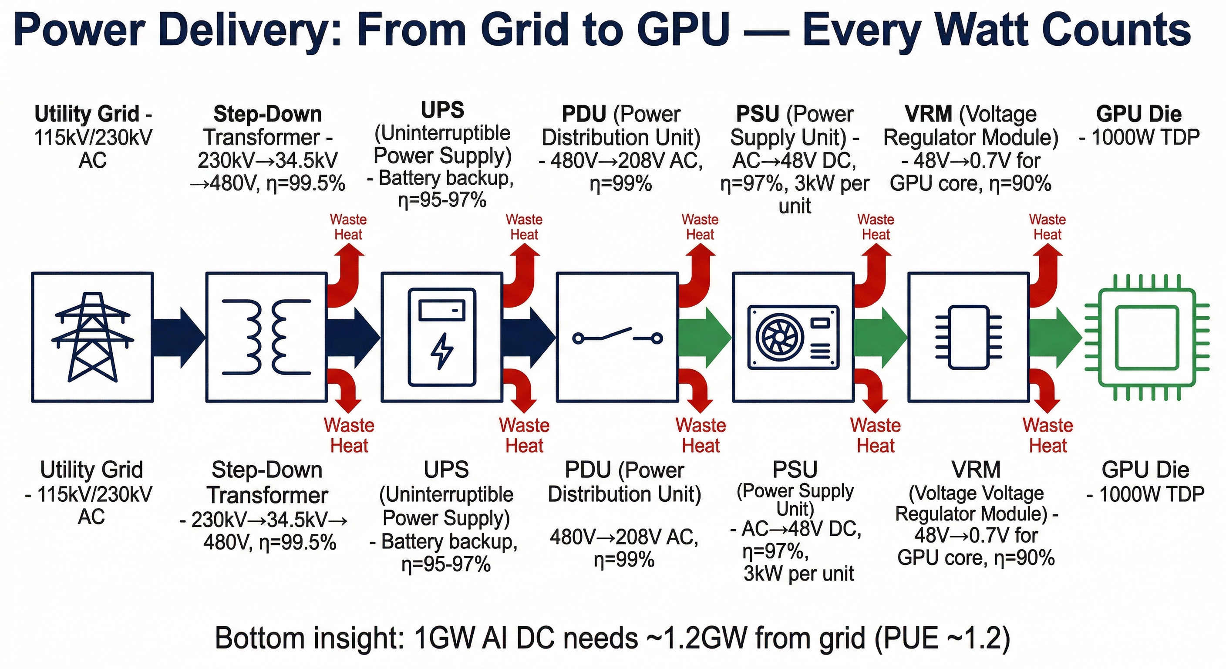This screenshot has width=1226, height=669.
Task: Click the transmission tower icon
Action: click(x=92, y=337)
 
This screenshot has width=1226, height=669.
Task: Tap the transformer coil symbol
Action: click(x=266, y=337)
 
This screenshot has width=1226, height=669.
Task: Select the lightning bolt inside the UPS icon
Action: click(x=442, y=351)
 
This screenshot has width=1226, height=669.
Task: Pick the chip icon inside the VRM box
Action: click(x=969, y=338)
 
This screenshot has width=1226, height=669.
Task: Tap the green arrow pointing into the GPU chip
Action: click(x=1054, y=338)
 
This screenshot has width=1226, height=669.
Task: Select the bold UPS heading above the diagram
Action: click(x=442, y=110)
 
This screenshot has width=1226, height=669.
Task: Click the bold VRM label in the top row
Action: click(x=928, y=114)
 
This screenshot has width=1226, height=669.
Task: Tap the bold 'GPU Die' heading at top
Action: click(x=1138, y=114)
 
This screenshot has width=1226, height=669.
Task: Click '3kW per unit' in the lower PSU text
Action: click(x=798, y=574)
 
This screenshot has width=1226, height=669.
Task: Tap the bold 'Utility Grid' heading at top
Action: click(x=87, y=114)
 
